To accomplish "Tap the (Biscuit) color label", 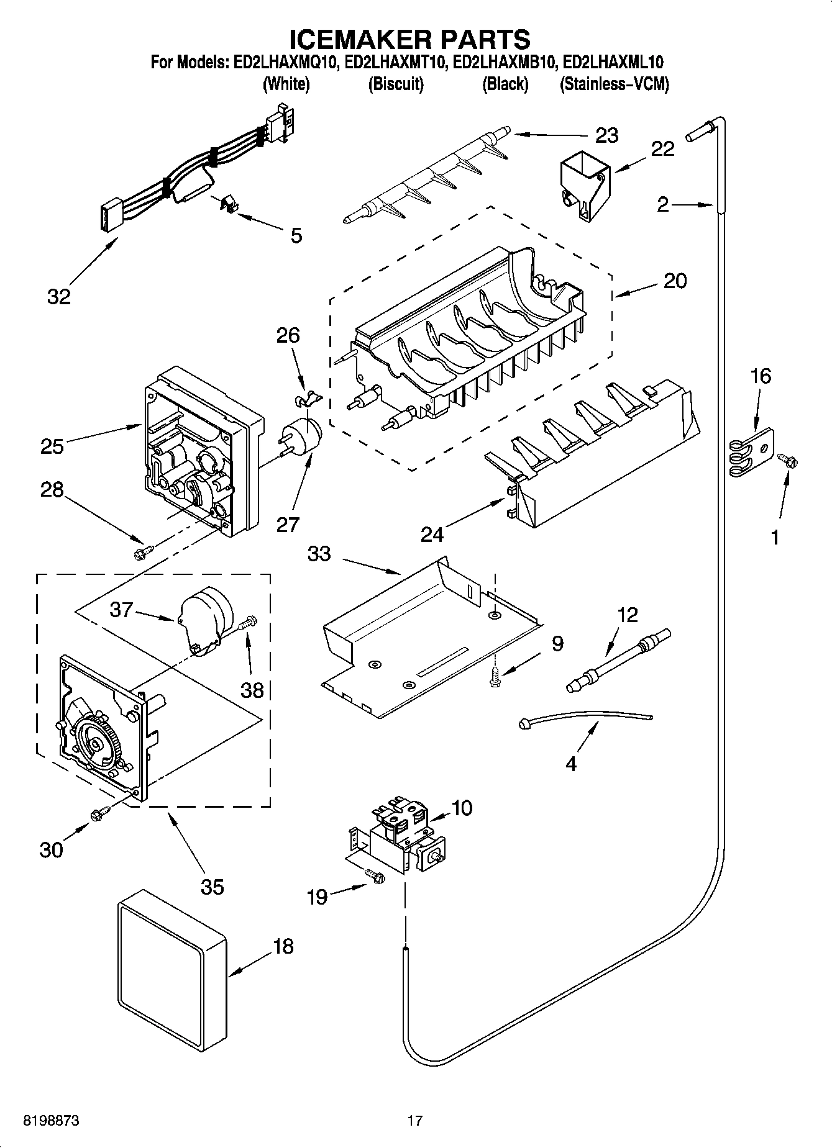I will (396, 84).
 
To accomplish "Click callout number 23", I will (606, 135).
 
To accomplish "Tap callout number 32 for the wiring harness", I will (59, 297).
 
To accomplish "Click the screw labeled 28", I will (144, 550).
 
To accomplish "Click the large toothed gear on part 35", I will (98, 742).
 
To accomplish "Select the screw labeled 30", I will (100, 814).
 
